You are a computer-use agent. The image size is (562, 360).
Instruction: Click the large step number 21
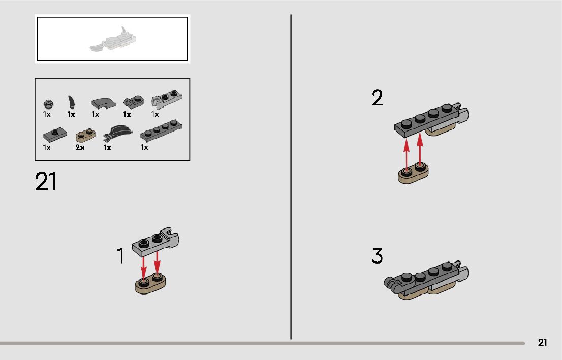pyautogui.click(x=46, y=182)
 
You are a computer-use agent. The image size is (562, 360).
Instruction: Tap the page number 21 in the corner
pyautogui.click(x=543, y=342)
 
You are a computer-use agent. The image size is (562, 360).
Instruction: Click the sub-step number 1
pyautogui.click(x=121, y=256)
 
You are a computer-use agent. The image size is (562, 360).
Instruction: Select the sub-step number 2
pyautogui.click(x=377, y=98)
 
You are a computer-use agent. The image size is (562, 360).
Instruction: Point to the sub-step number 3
pyautogui.click(x=377, y=256)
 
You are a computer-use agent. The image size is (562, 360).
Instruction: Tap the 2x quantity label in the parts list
pyautogui.click(x=80, y=148)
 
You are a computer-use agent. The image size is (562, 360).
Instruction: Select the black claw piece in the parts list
pyautogui.click(x=72, y=103)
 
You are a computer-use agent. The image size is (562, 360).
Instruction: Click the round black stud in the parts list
pyautogui.click(x=48, y=104)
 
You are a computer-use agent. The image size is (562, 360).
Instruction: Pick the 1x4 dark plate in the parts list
pyautogui.click(x=161, y=132)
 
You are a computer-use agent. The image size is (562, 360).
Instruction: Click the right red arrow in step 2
pyautogui.click(x=420, y=150)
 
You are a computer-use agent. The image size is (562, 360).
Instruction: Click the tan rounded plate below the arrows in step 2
pyautogui.click(x=413, y=173)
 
